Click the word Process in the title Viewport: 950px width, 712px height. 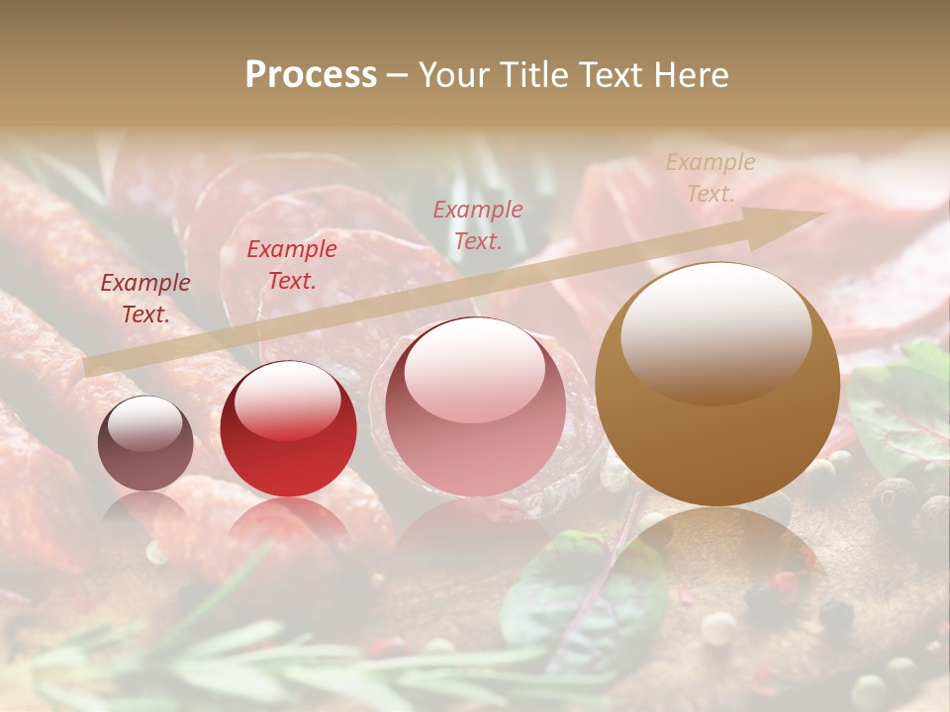click(311, 75)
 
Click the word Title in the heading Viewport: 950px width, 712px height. click(533, 75)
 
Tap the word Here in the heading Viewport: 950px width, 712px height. click(689, 75)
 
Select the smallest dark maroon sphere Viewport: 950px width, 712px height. click(145, 443)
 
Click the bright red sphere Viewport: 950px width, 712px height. click(288, 428)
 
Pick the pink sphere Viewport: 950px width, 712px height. click(475, 406)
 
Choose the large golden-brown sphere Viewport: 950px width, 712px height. click(717, 384)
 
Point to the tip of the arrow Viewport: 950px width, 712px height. click(820, 215)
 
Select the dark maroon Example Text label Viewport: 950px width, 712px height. click(145, 299)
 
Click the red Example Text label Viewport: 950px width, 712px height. click(291, 265)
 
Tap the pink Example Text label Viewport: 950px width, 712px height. click(478, 224)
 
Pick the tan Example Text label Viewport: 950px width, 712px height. click(710, 178)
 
